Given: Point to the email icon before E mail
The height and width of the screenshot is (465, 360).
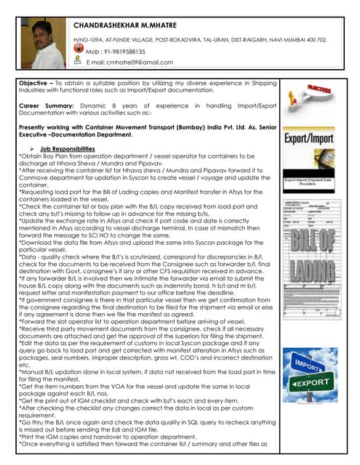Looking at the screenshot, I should click(x=79, y=62).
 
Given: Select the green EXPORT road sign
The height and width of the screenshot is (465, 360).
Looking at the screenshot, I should click(x=319, y=381).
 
